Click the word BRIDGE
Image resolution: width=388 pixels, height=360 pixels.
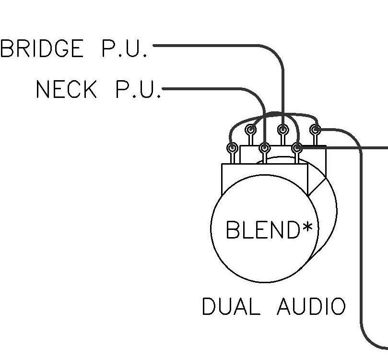[42, 48]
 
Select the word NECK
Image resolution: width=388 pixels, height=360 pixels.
[66, 89]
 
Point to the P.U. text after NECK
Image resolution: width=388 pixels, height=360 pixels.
[139, 89]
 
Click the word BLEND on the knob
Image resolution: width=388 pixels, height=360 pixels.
[263, 229]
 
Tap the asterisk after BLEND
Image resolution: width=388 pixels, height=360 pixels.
[307, 227]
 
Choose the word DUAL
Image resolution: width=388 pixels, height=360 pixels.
[231, 306]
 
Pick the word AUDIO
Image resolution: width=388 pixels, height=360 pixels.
[311, 306]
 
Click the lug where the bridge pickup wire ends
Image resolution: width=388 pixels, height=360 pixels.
[282, 130]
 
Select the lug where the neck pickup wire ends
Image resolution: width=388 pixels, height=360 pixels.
[264, 148]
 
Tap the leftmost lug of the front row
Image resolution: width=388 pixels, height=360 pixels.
[232, 148]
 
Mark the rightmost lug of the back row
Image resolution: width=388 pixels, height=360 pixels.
[315, 130]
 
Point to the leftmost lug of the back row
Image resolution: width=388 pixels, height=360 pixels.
[250, 130]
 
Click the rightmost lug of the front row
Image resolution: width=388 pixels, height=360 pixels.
[297, 148]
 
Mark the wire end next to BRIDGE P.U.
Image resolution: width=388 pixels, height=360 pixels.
[154, 46]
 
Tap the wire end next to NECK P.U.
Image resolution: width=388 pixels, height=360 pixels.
[164, 89]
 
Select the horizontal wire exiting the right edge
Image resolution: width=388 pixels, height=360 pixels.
[344, 148]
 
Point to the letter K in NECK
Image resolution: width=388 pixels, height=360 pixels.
[90, 89]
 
